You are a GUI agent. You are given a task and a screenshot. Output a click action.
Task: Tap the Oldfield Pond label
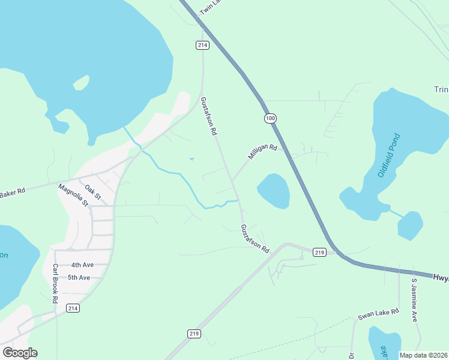click(x=389, y=155)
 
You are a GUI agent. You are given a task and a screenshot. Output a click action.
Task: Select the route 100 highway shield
click(x=270, y=118)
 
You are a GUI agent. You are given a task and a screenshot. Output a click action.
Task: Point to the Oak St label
click(x=93, y=192)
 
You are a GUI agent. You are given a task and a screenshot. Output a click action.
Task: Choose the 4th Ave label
click(x=82, y=265)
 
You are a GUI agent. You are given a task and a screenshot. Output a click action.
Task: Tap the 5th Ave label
click(x=79, y=277)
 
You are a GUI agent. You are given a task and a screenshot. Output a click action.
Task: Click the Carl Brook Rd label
click(x=55, y=283)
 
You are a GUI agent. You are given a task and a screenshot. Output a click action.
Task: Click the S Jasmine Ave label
click(x=414, y=300)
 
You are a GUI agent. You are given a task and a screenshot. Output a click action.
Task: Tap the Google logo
click(x=20, y=353)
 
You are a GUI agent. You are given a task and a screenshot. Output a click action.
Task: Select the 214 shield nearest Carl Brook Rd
click(x=73, y=308)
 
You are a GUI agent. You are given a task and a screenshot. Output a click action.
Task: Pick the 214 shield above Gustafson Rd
click(x=202, y=45)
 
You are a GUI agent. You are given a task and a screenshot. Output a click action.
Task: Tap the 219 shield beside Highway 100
click(x=319, y=253)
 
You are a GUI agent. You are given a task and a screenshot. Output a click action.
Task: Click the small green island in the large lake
click(x=82, y=82)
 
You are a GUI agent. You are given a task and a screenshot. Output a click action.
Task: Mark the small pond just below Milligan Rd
click(x=274, y=190)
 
